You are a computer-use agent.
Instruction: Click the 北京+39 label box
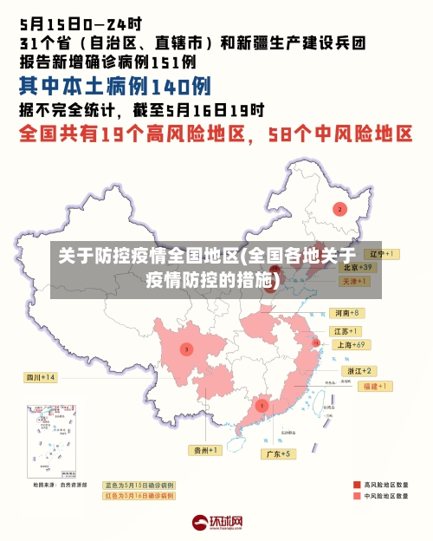[x=356, y=268]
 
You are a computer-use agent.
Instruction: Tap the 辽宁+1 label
[x=380, y=254]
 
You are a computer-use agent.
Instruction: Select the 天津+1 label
[x=352, y=282]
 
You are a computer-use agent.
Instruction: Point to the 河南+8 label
[x=346, y=312]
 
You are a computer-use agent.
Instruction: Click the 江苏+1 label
[x=346, y=331]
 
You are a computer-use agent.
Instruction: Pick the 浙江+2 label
[x=360, y=371]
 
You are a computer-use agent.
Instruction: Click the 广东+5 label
[x=281, y=453]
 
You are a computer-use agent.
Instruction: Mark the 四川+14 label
[x=40, y=377]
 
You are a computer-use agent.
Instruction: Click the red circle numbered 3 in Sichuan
[x=186, y=349]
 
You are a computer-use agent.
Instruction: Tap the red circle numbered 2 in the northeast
[x=340, y=209]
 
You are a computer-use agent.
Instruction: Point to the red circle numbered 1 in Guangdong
[x=262, y=405]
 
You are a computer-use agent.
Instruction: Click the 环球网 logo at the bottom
[x=217, y=522]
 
